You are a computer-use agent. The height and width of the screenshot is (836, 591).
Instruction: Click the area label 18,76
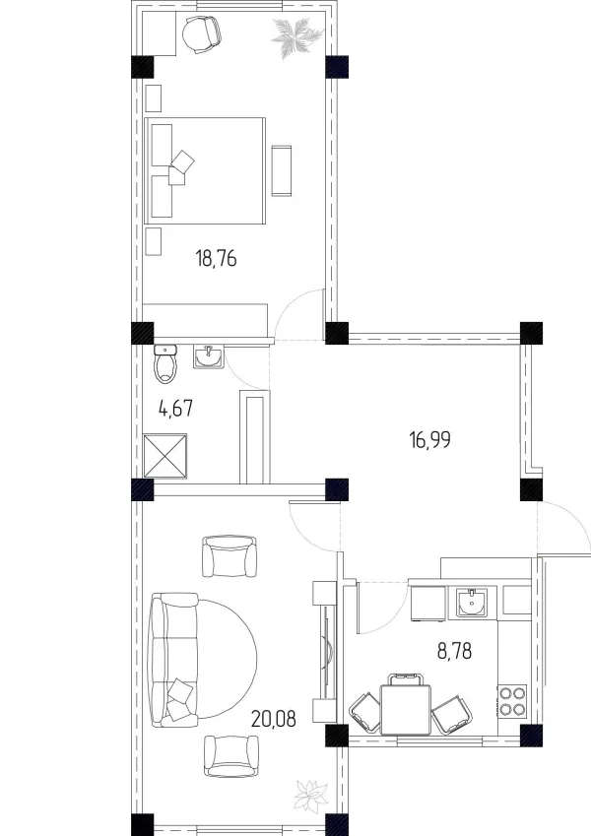[216, 259]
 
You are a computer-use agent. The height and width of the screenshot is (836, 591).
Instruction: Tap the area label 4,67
[175, 410]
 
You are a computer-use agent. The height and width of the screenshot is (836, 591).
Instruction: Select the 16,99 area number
[429, 440]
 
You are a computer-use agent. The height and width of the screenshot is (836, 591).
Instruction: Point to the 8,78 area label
[454, 651]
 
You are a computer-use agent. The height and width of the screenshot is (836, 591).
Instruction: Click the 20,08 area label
[273, 719]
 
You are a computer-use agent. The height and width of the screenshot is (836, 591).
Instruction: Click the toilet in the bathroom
[165, 364]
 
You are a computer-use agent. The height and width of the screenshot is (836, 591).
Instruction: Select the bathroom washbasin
[209, 356]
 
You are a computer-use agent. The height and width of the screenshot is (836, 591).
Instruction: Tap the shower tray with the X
[165, 456]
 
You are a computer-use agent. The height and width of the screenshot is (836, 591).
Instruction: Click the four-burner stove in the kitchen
[512, 700]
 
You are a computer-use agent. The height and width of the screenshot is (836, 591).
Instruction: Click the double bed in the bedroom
[205, 170]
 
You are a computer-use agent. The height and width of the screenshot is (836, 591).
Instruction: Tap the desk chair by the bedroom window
[201, 34]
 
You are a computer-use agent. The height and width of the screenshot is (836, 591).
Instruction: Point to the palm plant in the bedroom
[296, 35]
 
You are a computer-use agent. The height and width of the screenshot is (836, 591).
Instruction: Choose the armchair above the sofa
[230, 556]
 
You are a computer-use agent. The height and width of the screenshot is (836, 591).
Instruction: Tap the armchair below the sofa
[230, 756]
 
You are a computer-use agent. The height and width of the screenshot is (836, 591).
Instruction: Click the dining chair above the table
[406, 679]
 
